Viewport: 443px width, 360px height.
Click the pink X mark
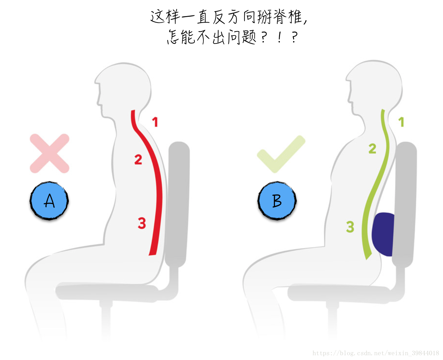50,153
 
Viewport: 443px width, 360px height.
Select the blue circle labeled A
49,201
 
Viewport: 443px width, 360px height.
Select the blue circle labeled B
277,201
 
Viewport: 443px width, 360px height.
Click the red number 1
155,122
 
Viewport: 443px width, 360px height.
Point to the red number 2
138,159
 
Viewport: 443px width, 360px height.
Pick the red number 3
142,223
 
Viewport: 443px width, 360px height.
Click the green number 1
401,122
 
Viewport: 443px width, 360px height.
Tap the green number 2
372,149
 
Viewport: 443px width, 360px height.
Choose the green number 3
350,227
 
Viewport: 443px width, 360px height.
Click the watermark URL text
376,353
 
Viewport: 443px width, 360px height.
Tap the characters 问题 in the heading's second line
242,37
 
